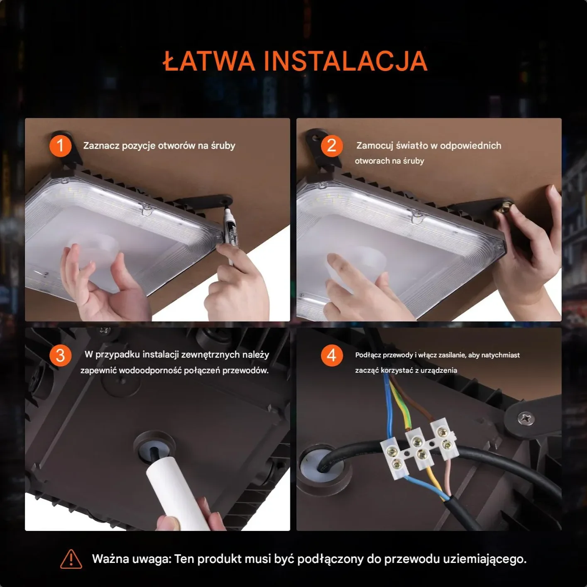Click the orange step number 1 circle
[60, 146]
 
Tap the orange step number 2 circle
[332, 146]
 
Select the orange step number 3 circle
[60, 355]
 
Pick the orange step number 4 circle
[332, 355]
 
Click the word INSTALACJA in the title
[345, 61]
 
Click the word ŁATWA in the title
[208, 61]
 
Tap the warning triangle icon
[71, 559]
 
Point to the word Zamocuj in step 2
[374, 146]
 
